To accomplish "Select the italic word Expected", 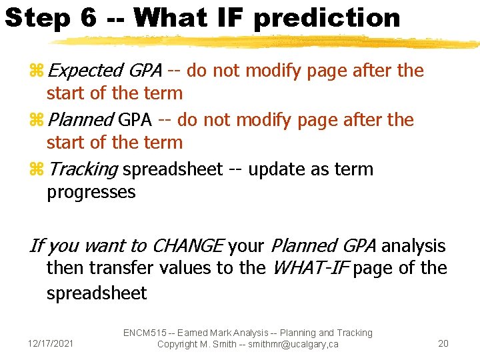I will tap(85, 71).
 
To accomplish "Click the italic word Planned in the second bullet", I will tap(81, 120).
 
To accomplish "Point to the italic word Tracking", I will tap(83, 169).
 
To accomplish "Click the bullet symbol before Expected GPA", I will tap(37, 71).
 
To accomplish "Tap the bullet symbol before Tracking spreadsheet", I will tap(37, 169).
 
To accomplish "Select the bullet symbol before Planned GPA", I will tap(37, 120).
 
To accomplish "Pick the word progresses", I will tap(91, 193).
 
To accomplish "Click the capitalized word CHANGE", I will tap(187, 246).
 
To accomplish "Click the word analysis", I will tap(413, 246).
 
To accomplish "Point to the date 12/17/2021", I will tap(52, 344).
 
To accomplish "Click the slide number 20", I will tap(443, 344).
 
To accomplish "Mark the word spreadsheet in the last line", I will tap(97, 293).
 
